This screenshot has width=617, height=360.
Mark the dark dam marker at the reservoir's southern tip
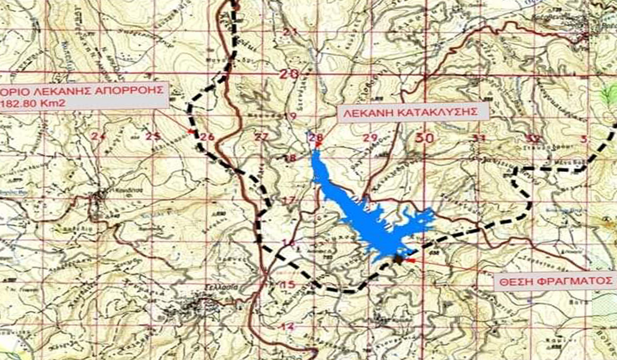point(398,259)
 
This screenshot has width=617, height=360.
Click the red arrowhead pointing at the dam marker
point(410,261)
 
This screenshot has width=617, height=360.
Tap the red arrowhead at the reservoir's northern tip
point(318,145)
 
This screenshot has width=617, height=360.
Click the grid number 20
point(289,74)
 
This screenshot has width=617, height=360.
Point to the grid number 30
point(424,137)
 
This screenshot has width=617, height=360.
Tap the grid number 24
point(98,136)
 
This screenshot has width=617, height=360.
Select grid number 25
point(153,136)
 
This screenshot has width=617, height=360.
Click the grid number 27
point(262,137)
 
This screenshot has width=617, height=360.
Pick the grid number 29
point(370,137)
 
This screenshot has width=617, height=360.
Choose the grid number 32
point(534,138)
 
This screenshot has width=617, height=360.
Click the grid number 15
point(289,284)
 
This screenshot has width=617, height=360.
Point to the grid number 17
point(289,200)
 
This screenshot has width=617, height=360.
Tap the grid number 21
point(291,32)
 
